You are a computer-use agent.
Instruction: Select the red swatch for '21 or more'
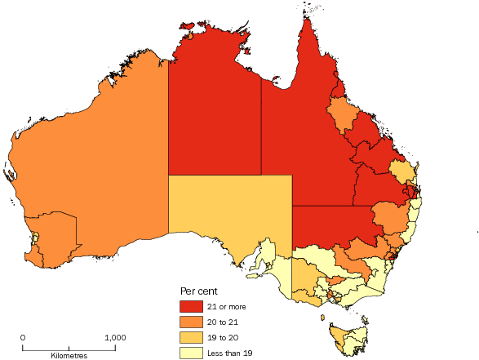click(191, 307)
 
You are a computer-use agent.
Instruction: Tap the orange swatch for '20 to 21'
click(191, 322)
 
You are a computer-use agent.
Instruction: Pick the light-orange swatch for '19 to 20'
click(191, 338)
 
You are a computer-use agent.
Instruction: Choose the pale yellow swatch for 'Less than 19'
click(191, 353)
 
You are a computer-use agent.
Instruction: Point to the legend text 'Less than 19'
click(232, 353)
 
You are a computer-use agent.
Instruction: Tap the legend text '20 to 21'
click(225, 322)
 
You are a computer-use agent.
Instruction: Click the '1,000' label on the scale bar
click(114, 337)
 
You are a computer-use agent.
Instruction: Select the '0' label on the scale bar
click(23, 337)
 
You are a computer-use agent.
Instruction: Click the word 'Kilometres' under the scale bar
click(69, 356)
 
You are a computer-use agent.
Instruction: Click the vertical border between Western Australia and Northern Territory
click(169, 122)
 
